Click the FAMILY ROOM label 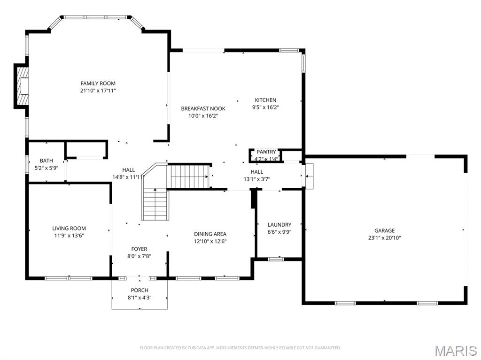(x=98, y=84)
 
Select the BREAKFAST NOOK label (x=203, y=108)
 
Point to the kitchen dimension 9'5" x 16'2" (x=266, y=107)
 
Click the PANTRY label (x=266, y=152)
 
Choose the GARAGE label (x=384, y=230)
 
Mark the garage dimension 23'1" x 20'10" (x=384, y=237)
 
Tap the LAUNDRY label (x=279, y=225)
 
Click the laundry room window (x=276, y=259)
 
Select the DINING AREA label (x=210, y=234)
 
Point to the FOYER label (x=139, y=249)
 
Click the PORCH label (x=140, y=290)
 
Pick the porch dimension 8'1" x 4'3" (x=140, y=297)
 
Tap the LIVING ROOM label (x=69, y=228)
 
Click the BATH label (x=47, y=161)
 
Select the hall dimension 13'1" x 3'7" (x=256, y=179)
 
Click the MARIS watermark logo (x=455, y=351)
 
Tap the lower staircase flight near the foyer (x=155, y=205)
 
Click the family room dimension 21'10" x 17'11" (x=98, y=91)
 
